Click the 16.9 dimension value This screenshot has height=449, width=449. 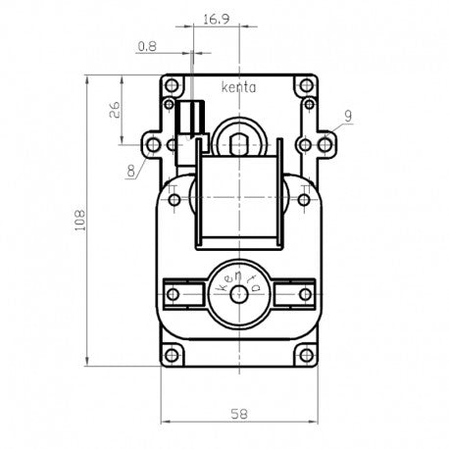217,18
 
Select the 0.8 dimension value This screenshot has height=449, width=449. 147,45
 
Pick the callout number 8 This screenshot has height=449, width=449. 130,171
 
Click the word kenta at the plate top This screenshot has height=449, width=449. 238,86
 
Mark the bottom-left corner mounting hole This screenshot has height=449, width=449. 173,354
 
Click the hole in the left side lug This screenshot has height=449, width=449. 152,145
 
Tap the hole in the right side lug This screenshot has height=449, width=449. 325,145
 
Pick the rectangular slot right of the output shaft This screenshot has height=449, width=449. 293,293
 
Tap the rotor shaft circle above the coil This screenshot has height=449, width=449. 238,144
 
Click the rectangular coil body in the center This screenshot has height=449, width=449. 238,201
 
